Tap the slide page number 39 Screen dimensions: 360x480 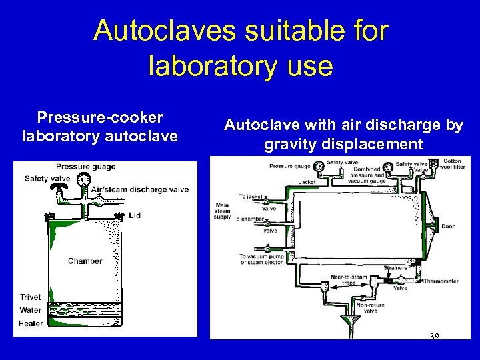click(x=434, y=336)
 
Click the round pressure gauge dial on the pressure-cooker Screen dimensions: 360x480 click(x=83, y=180)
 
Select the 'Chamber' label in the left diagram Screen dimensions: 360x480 click(x=85, y=261)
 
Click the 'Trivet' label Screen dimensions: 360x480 click(x=29, y=297)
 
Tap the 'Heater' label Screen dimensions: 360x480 click(x=31, y=323)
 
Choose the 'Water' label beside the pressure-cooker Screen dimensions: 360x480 click(x=30, y=310)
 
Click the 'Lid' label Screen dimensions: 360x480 click(x=135, y=215)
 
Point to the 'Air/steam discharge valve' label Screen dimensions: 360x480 click(x=139, y=189)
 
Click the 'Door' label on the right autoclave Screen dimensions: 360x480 click(x=447, y=227)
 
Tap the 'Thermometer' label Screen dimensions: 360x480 click(x=441, y=281)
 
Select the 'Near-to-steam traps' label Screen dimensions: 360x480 click(x=349, y=279)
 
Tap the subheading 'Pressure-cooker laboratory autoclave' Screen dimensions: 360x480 click(x=100, y=127)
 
